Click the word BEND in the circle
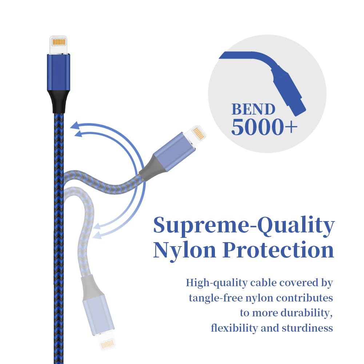(x=253, y=109)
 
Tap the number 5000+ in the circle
(x=264, y=127)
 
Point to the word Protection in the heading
(x=278, y=250)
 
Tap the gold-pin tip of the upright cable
(x=59, y=42)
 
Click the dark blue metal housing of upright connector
(x=58, y=72)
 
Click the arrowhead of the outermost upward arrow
(x=75, y=126)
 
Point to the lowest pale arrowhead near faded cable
(x=96, y=236)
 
